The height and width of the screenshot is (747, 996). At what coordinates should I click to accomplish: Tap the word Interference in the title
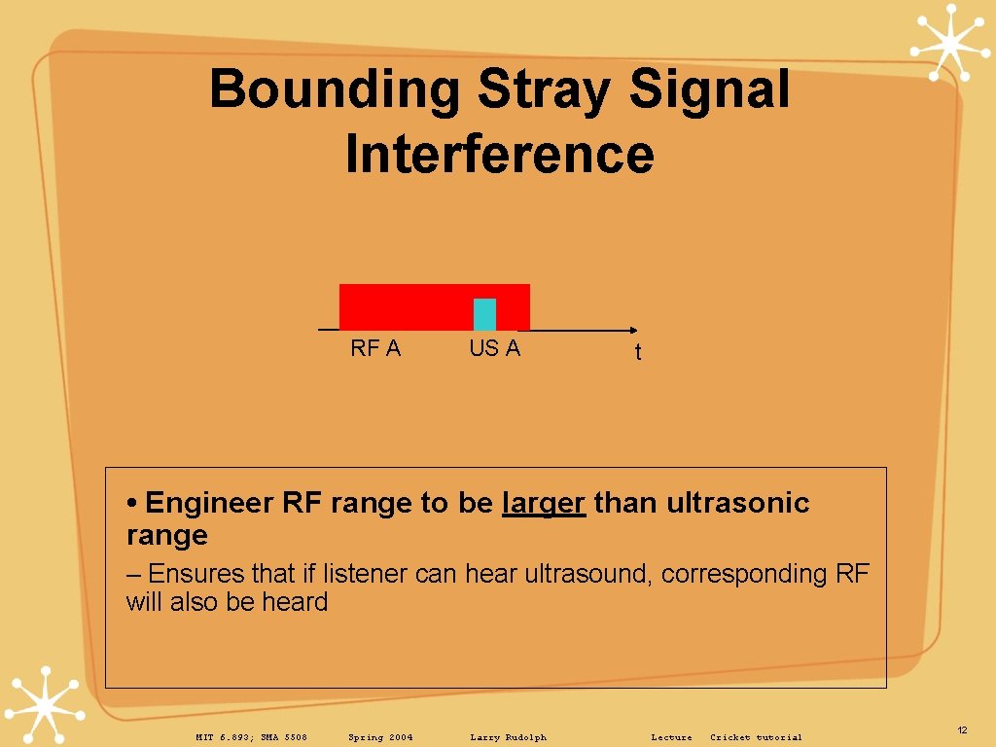[x=499, y=155]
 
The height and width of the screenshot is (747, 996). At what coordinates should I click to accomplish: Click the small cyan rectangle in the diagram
[x=484, y=314]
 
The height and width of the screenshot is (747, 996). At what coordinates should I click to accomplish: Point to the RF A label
[x=375, y=348]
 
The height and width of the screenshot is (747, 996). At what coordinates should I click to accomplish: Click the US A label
[x=494, y=348]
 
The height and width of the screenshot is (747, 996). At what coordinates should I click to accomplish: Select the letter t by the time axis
[x=638, y=353]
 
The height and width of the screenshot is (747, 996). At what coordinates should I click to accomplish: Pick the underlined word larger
[x=544, y=503]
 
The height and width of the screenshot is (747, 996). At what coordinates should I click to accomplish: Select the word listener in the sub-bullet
[x=364, y=574]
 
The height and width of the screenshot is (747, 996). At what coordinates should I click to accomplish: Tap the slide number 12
[x=962, y=729]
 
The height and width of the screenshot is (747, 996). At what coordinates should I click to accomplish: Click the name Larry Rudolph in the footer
[x=508, y=737]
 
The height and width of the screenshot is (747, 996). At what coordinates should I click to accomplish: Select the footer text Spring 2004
[x=380, y=737]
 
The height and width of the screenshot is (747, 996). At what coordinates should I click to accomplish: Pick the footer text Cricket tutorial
[x=756, y=737]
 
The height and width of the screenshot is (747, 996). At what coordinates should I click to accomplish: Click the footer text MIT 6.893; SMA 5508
[x=251, y=737]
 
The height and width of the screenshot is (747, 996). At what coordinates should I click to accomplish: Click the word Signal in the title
[x=709, y=89]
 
